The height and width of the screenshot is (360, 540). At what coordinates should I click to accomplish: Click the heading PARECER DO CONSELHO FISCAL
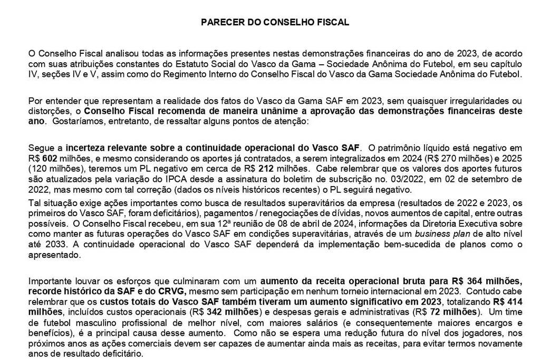(275, 23)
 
